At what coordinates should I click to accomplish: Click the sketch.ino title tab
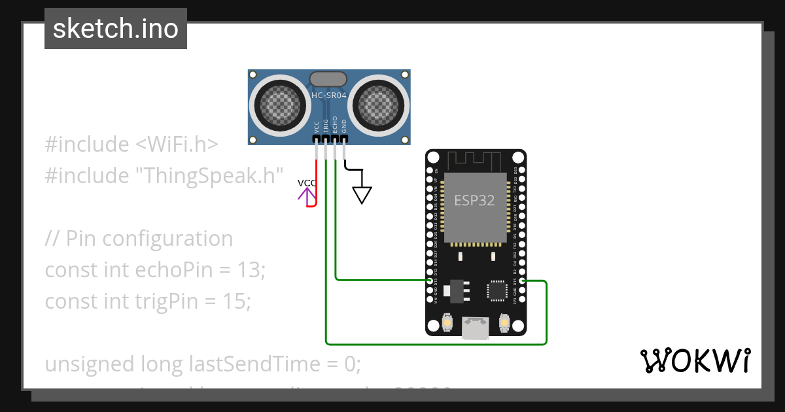pos(116,29)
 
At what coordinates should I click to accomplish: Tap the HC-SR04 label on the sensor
pos(329,95)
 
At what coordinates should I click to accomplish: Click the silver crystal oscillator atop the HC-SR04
pos(328,79)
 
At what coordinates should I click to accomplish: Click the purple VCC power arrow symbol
pos(305,194)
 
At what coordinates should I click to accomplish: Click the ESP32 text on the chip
pos(474,201)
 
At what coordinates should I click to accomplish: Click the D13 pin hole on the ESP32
pos(430,281)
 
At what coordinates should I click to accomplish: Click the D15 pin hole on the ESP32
pos(521,281)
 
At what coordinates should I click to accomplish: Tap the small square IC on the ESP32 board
pos(497,291)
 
